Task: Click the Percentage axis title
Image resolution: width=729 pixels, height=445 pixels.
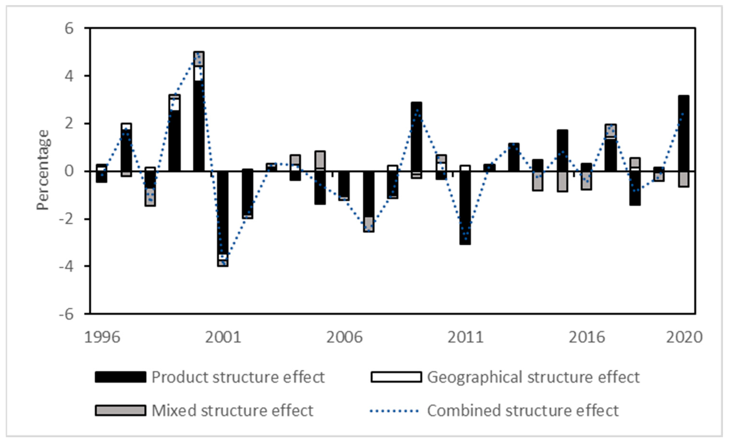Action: coord(43,170)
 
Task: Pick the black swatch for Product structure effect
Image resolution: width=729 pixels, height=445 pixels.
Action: coord(120,377)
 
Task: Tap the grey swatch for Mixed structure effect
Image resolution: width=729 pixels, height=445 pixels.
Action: coord(120,411)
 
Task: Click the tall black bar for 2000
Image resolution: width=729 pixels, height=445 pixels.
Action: coord(198,127)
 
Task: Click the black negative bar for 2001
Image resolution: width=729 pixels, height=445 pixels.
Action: coord(223,212)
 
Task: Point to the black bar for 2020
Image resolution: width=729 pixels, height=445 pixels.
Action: coord(683,133)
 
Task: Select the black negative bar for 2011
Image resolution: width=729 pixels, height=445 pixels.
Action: coord(465,207)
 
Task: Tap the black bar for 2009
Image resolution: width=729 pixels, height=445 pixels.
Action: coord(416,136)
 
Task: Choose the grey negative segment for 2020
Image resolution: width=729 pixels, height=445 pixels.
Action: coord(683,179)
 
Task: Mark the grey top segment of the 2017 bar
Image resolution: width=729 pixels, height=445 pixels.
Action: coord(610,130)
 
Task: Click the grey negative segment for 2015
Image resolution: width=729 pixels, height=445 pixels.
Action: coord(562,182)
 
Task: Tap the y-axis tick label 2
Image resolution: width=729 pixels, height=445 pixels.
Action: coord(69,123)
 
